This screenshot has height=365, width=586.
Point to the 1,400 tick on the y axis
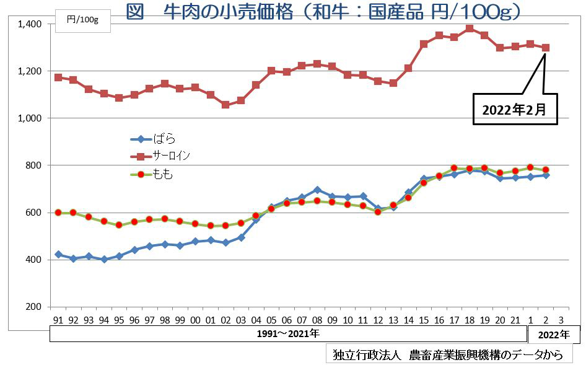pos(30,24)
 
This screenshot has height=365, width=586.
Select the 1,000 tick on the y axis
pos(30,118)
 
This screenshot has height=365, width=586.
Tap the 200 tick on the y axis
pos(34,307)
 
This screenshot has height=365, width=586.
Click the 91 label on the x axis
pos(58,320)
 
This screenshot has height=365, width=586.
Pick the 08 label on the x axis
pos(317,320)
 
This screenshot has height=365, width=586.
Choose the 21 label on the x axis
pos(515,320)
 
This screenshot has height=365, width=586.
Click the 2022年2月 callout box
pos(515,110)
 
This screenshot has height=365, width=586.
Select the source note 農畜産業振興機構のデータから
pos(448,355)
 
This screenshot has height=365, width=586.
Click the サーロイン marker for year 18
pos(470,29)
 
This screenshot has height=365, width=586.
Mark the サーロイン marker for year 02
pos(225,105)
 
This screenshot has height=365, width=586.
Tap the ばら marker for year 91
pos(58,255)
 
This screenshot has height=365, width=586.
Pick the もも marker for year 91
pos(58,213)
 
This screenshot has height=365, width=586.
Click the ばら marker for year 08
pos(317,190)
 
